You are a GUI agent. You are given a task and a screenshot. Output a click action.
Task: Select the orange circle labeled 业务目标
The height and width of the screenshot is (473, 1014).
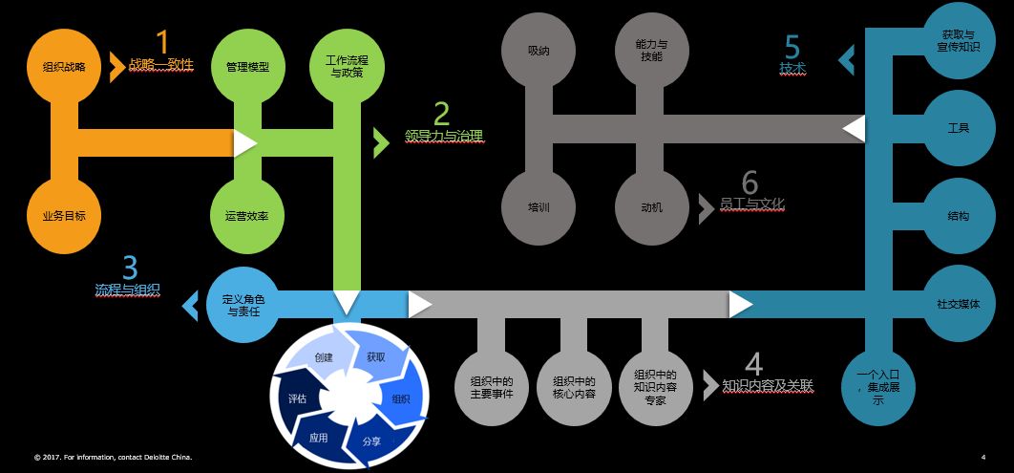pos(64,215)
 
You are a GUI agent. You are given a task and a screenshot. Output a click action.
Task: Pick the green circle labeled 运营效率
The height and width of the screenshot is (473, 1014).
pos(247,215)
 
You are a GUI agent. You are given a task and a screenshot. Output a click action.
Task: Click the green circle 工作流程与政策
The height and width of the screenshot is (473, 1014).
pos(347,66)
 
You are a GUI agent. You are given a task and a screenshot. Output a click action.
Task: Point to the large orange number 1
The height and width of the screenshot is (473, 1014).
pos(162,42)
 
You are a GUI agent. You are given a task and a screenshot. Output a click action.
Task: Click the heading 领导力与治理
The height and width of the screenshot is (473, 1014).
pos(445,136)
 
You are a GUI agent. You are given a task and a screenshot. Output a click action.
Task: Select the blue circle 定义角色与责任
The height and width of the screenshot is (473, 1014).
pos(243,305)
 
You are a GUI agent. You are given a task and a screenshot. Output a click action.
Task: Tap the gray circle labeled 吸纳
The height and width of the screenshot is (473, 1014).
pos(539,50)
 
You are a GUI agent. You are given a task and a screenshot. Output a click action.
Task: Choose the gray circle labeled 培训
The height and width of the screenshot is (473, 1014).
pos(539,206)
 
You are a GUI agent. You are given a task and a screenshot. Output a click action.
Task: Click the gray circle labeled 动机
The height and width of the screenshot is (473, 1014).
pos(652,206)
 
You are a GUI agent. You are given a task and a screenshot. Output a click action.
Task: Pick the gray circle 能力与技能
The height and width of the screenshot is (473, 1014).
pos(652,50)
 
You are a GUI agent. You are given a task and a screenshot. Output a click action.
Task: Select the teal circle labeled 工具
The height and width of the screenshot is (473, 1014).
pos(959,127)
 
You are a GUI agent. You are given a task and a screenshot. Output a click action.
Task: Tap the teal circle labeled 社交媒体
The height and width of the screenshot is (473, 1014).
pos(959,304)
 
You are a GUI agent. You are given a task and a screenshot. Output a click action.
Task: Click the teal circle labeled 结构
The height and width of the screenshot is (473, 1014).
pos(959,216)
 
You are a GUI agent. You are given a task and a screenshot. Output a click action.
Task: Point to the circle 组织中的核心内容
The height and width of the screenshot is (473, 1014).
pos(574,387)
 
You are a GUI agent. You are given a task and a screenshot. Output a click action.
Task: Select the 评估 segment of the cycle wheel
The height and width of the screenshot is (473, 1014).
pos(297,398)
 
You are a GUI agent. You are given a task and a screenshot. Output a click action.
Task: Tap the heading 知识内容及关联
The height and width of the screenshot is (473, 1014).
pos(768,386)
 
